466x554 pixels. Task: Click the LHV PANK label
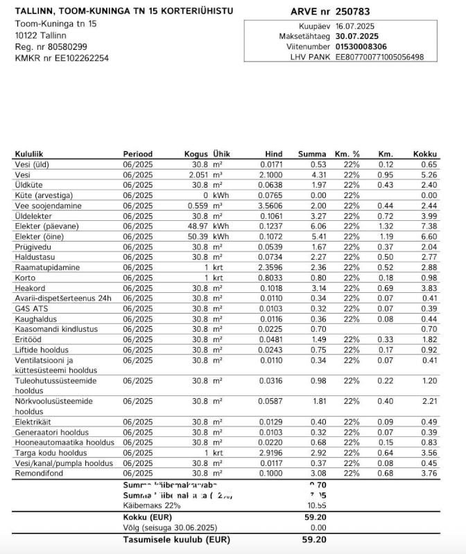310,57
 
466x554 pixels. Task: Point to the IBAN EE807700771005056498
379,57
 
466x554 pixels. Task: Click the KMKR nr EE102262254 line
62,58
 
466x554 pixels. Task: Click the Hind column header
273,154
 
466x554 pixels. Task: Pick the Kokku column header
425,154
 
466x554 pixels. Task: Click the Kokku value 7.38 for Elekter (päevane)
429,226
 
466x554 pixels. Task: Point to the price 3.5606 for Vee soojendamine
270,206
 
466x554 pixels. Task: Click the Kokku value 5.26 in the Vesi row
429,175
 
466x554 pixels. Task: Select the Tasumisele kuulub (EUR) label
176,539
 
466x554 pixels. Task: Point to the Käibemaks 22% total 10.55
316,506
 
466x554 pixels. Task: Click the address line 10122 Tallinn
41,35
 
